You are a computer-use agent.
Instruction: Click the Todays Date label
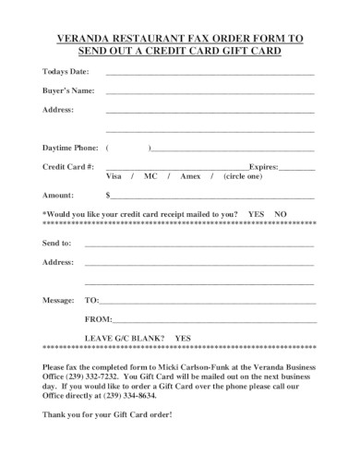tap(66, 71)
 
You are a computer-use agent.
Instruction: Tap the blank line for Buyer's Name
tap(210, 91)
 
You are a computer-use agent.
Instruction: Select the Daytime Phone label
tap(70, 147)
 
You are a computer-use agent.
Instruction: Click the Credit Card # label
tap(68, 165)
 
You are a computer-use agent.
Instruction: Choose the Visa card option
tap(114, 175)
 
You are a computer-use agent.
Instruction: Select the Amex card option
tap(191, 175)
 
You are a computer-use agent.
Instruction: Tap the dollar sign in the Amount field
tap(109, 195)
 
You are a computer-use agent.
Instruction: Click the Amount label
tap(58, 195)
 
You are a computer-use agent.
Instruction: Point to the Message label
tap(59, 300)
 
